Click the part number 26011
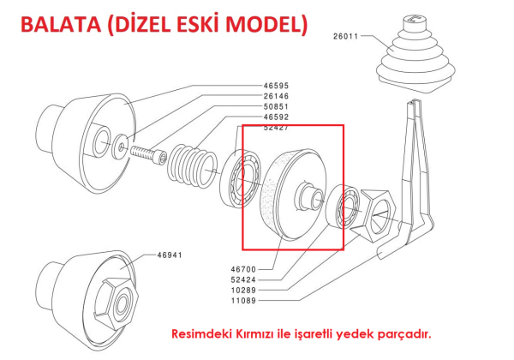[349, 37]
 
